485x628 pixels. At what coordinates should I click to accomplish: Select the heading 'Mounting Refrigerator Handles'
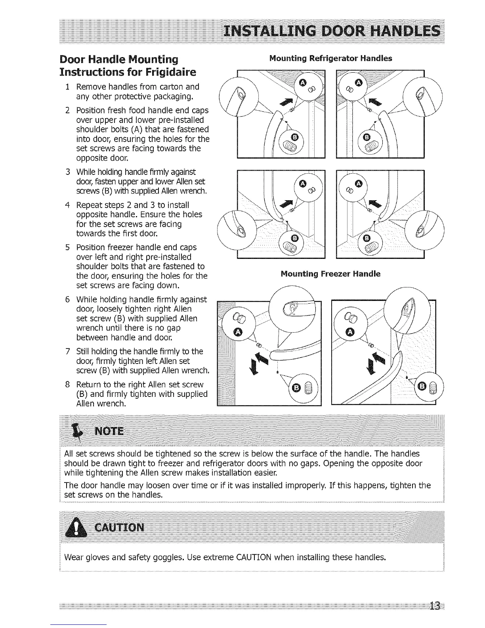tap(330, 58)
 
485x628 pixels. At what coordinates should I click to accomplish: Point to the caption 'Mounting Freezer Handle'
tap(330, 274)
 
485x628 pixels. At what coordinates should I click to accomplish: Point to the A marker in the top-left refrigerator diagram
tap(303, 82)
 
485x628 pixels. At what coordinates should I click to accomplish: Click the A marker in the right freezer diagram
tap(350, 332)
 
